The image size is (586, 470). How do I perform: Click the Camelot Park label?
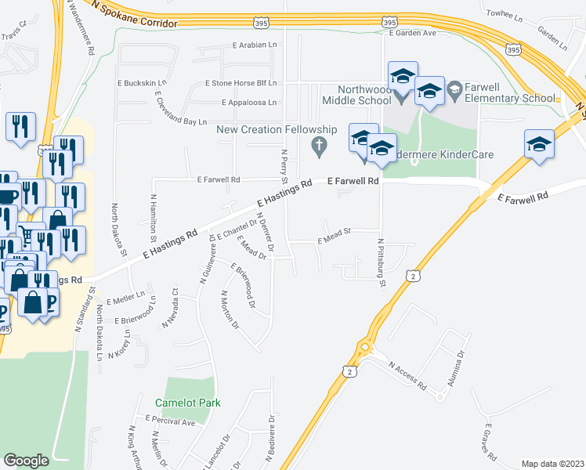[x=188, y=403]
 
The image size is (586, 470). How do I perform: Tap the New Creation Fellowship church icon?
[x=318, y=145]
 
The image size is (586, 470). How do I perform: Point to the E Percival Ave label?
[x=169, y=421]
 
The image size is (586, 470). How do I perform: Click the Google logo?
[x=26, y=461]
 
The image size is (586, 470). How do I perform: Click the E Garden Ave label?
[x=411, y=34]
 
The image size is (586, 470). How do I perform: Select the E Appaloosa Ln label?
[x=250, y=103]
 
